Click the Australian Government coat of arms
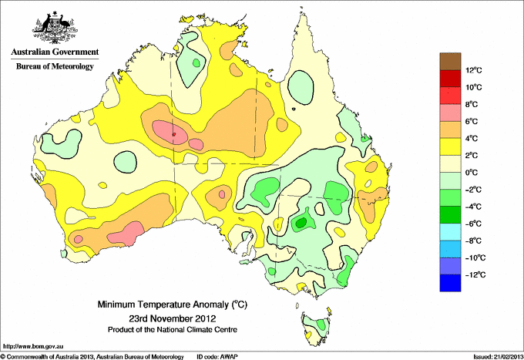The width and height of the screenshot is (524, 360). pos(55,28)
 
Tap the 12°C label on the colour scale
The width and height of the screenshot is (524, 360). pos(474,70)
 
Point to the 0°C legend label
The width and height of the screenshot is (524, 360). pos(471,173)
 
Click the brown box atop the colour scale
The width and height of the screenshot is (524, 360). pos(450,62)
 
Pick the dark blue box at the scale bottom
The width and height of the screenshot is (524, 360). pos(450,283)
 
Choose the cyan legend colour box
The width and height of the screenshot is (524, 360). pos(450,232)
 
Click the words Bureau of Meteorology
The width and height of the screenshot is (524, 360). pos(55,66)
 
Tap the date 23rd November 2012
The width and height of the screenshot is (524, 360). pos(173,318)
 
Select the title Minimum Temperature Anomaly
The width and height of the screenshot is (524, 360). pos(163,304)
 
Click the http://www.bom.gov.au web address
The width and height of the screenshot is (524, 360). pos(33,347)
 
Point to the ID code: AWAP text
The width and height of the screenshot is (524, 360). pos(217,357)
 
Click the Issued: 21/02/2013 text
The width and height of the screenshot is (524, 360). pos(499,357)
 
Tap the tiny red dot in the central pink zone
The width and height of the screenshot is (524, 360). pos(174,134)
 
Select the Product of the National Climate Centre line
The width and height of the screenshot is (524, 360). pos(173,330)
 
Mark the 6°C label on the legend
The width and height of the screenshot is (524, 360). pos(471,121)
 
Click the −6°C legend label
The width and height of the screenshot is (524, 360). pos(474,224)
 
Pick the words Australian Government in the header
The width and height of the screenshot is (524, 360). pos(55,52)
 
